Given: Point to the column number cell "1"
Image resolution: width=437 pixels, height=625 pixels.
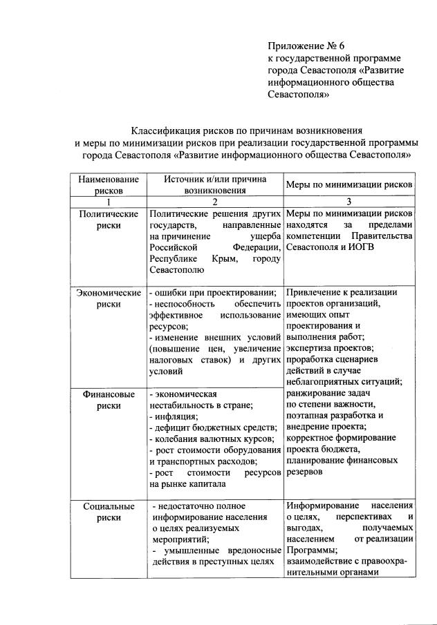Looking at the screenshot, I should coord(109,201).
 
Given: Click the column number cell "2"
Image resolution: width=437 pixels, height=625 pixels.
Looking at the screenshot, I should coord(214,201).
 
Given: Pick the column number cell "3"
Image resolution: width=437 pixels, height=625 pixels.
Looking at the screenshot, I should coord(349,201).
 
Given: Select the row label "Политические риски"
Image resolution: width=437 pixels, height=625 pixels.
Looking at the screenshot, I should coord(109,220).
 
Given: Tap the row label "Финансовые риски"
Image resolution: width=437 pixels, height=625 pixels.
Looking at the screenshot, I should coord(109,400).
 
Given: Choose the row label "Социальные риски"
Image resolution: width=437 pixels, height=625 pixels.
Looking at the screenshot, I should coord(109,512).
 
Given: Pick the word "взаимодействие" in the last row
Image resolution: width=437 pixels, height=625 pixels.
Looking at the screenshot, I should coord(319,561).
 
